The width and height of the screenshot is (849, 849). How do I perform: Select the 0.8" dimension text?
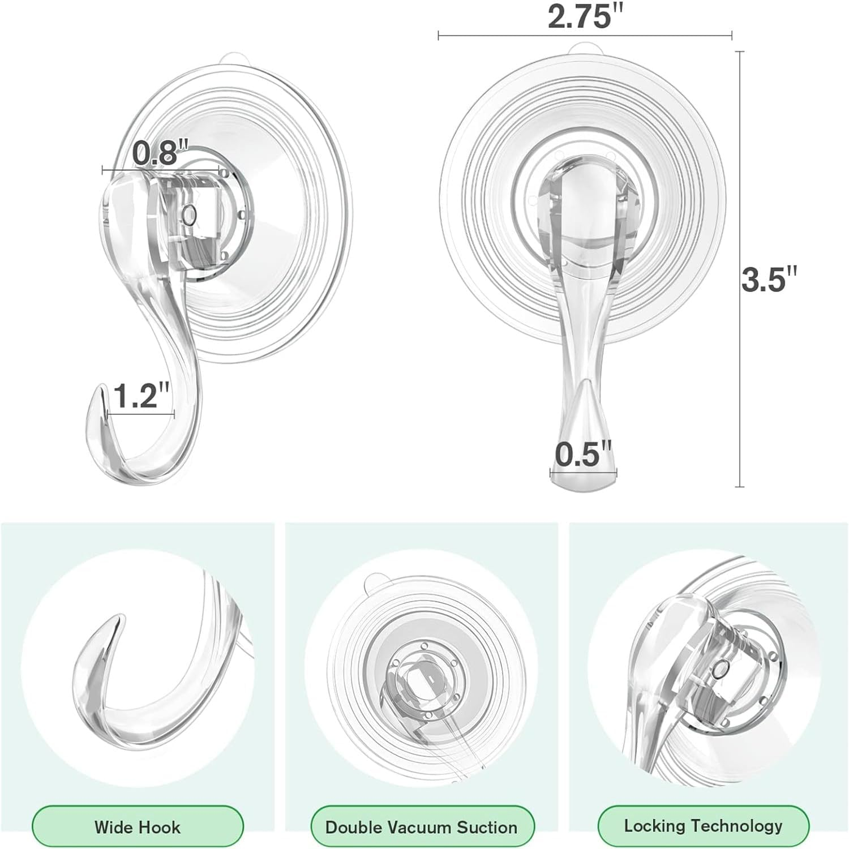pyautogui.click(x=160, y=153)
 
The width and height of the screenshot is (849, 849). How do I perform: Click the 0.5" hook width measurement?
pyautogui.click(x=583, y=454)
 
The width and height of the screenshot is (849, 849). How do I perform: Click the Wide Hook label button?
pyautogui.click(x=138, y=827)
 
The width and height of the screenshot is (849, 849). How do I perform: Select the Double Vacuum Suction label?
pyautogui.click(x=422, y=827)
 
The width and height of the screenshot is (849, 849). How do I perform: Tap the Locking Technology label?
pyautogui.click(x=704, y=826)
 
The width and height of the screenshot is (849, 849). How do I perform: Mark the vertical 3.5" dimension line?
pyautogui.click(x=739, y=368)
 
